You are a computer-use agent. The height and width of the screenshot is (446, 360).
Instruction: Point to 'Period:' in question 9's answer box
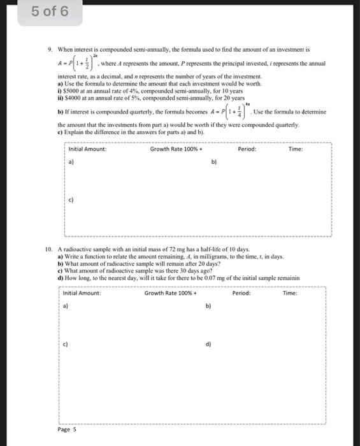pos(247,149)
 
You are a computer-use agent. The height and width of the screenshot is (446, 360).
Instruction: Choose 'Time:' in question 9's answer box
pos(296,149)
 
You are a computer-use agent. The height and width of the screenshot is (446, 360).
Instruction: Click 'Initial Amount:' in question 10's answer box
pos(82,293)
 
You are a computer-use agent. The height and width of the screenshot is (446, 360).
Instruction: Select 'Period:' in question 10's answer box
pos(241,293)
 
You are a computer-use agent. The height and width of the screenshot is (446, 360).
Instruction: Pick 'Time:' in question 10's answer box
pos(291,293)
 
